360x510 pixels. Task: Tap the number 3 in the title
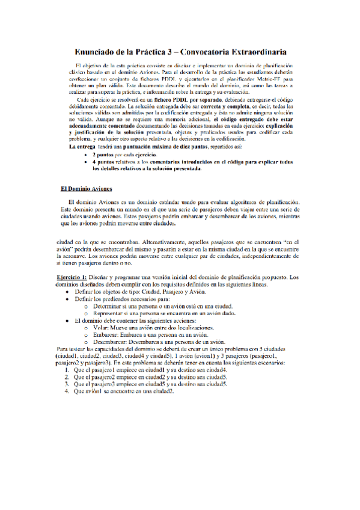coord(171,52)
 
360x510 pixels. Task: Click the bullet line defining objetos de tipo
coord(132,292)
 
